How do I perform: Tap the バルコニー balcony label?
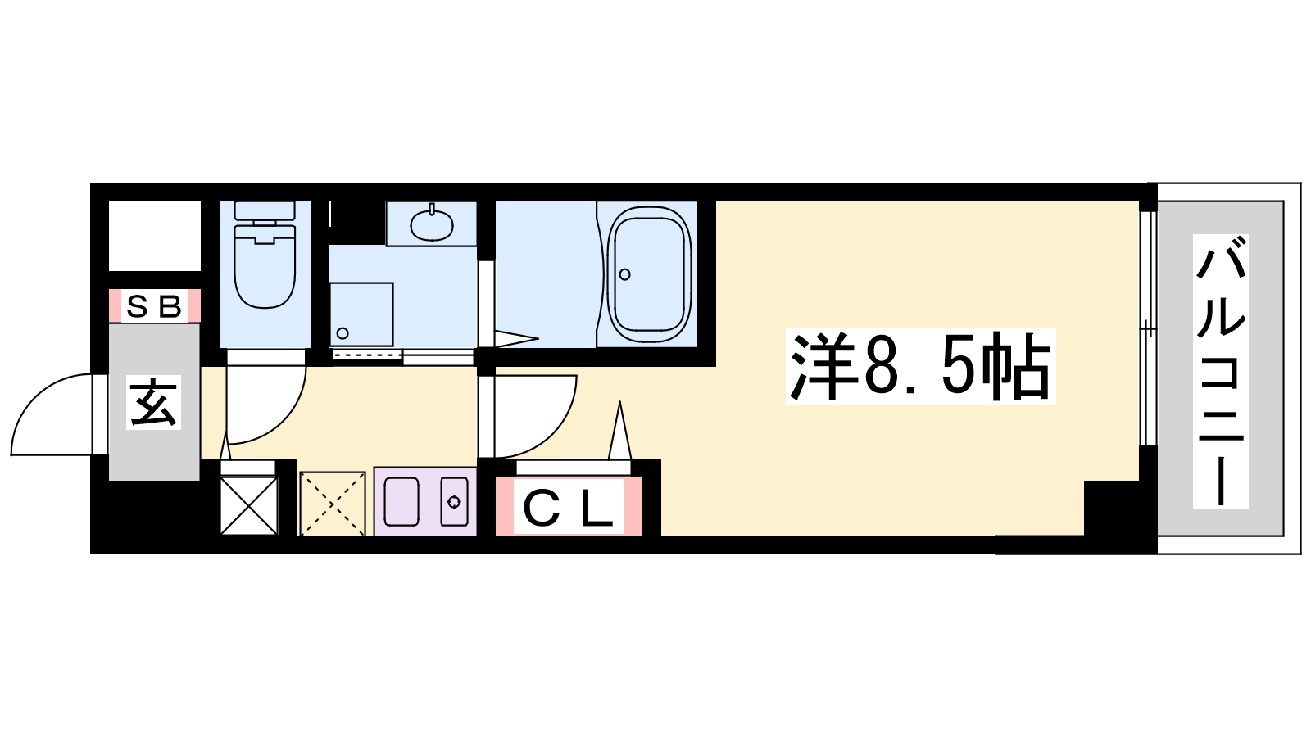(x=1220, y=371)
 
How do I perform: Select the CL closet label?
(x=568, y=506)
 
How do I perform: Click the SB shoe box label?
(x=155, y=305)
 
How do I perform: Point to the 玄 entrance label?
(x=154, y=402)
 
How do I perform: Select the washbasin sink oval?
(x=432, y=224)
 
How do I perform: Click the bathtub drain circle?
(x=624, y=274)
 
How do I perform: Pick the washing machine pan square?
(x=361, y=314)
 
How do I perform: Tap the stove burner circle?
(x=454, y=502)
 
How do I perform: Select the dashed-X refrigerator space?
(x=333, y=503)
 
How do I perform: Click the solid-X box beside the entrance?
(x=249, y=504)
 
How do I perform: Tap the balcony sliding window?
(x=1148, y=328)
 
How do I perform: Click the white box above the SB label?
(x=155, y=236)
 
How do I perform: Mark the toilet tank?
(x=264, y=212)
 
